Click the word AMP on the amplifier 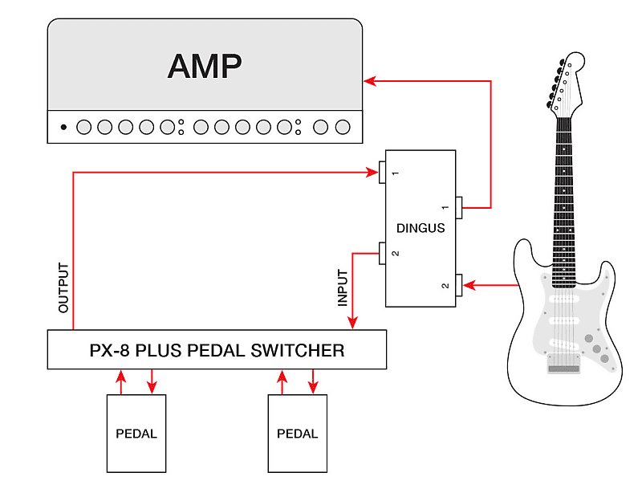[205, 67]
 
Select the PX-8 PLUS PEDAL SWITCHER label [217, 350]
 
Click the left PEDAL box [136, 434]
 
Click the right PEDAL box [297, 434]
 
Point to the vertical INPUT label [343, 287]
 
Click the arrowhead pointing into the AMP [369, 80]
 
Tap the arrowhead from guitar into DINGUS [469, 285]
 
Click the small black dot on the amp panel [63, 127]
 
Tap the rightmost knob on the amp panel [343, 127]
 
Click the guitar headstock [565, 80]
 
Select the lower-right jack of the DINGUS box [460, 284]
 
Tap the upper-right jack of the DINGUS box [460, 208]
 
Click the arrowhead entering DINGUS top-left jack [372, 170]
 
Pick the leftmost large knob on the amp [84, 127]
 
